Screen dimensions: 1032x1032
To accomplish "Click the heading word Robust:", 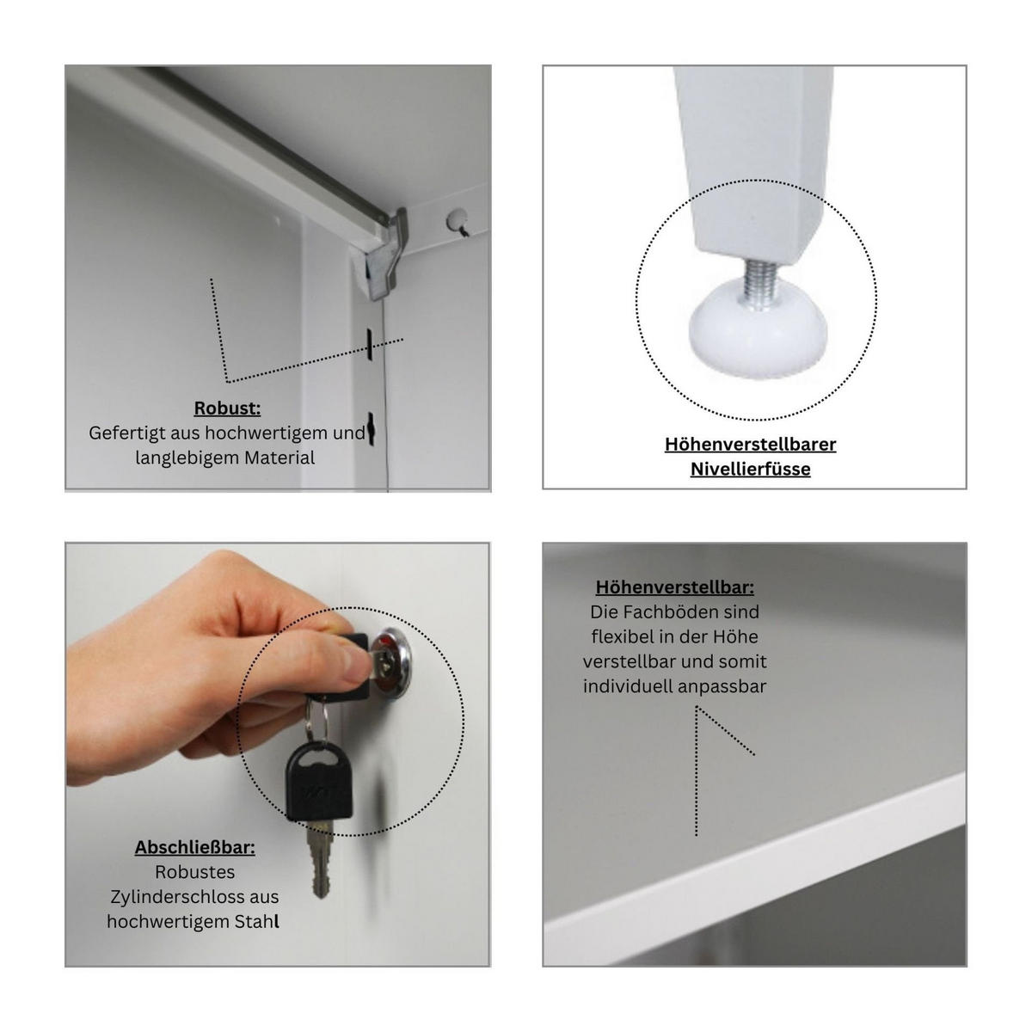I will pyautogui.click(x=227, y=408).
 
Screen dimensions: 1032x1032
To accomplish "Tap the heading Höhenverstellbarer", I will pyautogui.click(x=750, y=444).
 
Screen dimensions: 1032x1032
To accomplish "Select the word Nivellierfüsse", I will pyautogui.click(x=750, y=469).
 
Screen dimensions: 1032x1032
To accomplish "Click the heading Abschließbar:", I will pyautogui.click(x=194, y=847).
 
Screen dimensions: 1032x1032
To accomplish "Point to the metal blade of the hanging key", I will pyautogui.click(x=322, y=860).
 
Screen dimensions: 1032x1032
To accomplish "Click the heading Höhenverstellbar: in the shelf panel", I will pyautogui.click(x=674, y=587).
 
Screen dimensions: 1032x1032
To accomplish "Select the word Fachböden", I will pyautogui.click(x=673, y=612).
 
